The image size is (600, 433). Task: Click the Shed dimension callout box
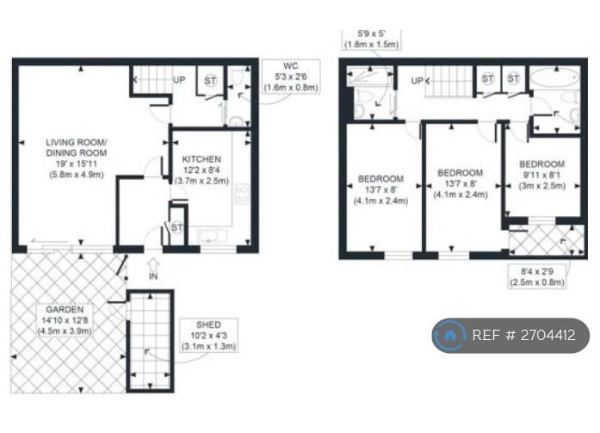coord(208,336)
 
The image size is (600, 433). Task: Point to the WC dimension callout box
coord(291,77)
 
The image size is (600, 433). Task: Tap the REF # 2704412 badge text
coord(523,336)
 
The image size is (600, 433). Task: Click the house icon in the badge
coord(450,336)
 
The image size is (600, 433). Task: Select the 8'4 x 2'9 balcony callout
coord(537,276)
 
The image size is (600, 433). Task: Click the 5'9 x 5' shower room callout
coord(371,40)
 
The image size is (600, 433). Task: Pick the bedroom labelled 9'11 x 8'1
coord(541,175)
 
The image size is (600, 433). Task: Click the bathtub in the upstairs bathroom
coord(555,78)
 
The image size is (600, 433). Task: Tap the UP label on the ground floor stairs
coord(179,80)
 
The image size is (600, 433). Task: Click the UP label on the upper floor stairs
coord(417,81)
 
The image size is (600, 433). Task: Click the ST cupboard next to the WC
coord(210,81)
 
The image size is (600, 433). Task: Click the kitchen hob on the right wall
coord(242,195)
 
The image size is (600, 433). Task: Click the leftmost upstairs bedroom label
coord(380,189)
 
